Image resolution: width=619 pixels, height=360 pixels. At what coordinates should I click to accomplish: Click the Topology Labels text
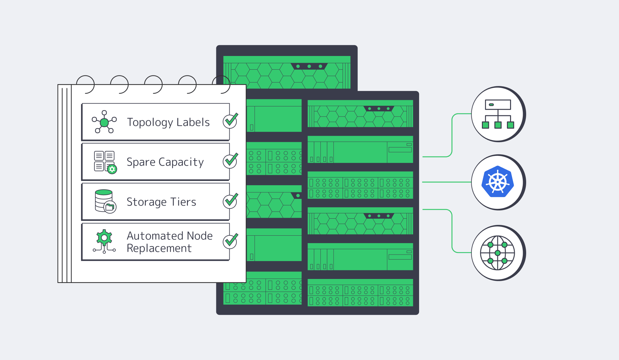(168, 122)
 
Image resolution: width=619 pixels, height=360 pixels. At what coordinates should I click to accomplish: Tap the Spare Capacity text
(165, 162)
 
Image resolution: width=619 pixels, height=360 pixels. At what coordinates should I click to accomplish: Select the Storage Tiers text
(161, 202)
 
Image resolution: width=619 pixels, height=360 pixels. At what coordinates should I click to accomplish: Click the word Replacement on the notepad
(159, 248)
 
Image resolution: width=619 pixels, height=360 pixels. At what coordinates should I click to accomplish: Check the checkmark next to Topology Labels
(230, 121)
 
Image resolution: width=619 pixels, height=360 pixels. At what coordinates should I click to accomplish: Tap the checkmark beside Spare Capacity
(230, 161)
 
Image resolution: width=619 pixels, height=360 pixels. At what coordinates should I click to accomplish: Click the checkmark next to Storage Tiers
(230, 201)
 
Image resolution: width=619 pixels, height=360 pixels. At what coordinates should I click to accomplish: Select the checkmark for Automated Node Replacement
(230, 241)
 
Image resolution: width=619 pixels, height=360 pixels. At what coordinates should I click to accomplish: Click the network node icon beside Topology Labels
(104, 122)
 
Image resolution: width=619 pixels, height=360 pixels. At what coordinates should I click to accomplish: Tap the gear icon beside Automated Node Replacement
(104, 238)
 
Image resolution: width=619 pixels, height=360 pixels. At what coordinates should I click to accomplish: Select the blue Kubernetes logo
(497, 182)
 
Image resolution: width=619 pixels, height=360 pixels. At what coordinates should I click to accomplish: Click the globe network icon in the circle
(497, 253)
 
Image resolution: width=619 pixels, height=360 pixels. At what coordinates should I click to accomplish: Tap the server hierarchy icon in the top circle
(497, 114)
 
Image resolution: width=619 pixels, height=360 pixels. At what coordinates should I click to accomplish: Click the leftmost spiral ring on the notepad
(85, 84)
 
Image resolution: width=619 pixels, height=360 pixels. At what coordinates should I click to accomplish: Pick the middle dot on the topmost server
(309, 66)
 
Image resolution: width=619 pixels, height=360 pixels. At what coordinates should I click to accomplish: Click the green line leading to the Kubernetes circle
(446, 182)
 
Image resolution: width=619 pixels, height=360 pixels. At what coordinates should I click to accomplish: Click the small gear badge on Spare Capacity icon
(112, 169)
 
